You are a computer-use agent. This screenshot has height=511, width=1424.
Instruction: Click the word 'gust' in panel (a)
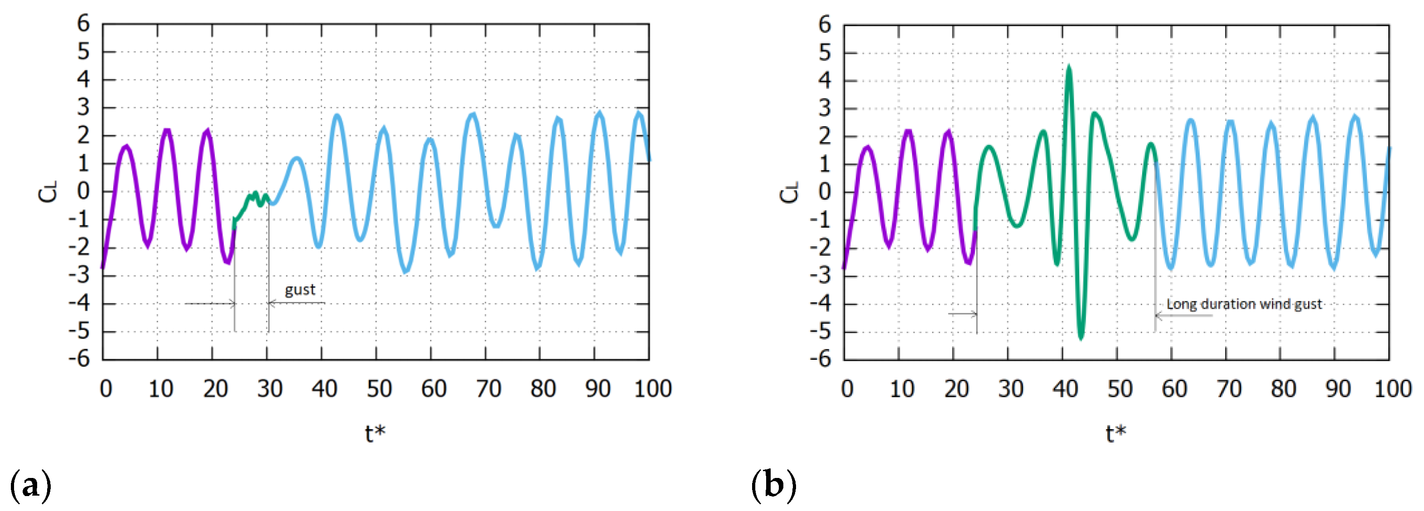pos(300,290)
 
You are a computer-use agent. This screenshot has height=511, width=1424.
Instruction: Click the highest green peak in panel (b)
pos(1068,70)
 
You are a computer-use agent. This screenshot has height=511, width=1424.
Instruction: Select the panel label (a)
pos(30,485)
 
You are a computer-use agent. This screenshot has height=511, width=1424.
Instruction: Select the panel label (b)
pos(773,485)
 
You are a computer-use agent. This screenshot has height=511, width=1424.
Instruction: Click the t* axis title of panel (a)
pos(375,434)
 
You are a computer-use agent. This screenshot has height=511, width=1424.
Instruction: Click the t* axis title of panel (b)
pos(1116,434)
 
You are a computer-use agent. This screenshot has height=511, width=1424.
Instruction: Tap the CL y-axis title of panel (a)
pos(48,192)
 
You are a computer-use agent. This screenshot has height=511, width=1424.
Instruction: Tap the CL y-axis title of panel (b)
pos(789,192)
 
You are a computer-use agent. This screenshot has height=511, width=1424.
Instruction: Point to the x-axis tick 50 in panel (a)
pos(379,389)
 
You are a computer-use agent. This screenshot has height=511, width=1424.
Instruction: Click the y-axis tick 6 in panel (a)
pos(83,24)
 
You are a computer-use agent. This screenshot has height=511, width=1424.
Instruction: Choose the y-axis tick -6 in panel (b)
pos(821,359)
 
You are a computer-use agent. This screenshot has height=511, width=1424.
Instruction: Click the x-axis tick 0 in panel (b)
pos(847,389)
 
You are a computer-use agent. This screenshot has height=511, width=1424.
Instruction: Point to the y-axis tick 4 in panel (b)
pos(824,81)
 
